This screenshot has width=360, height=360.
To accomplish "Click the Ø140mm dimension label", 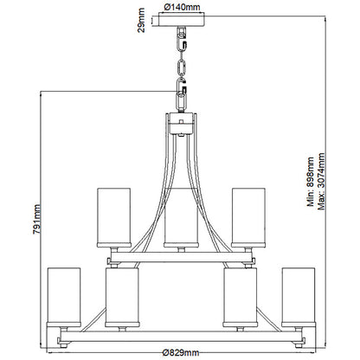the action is coord(182,7).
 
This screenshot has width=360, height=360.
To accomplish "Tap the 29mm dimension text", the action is coord(141,20).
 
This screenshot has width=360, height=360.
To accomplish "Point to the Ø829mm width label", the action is coord(181,352).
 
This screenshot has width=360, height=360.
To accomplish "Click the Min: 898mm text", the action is coord(311,182).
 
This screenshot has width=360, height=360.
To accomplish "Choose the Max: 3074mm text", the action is coord(321,182).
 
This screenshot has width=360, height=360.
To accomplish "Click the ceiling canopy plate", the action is coord(182,20).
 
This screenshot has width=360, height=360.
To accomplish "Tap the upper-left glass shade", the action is coord(114,217).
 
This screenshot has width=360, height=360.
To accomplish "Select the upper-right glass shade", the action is coord(248,217).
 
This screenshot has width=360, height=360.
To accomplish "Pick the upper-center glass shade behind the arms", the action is coord(181,217).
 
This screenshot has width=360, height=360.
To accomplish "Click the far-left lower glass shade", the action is coord(64,297).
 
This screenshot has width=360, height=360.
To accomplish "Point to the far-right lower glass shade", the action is coord(299,297).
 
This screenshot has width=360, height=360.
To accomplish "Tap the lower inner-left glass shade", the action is coord(122,297).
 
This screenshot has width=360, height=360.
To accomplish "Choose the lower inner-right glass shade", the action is coord(241,297).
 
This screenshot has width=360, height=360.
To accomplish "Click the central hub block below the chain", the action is coord(181,123).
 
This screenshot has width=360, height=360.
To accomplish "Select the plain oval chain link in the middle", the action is coord(182,67).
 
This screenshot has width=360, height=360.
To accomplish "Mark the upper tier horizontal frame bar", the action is coord(181,257).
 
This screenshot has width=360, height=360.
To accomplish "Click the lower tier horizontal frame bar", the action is coord(181,337).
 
